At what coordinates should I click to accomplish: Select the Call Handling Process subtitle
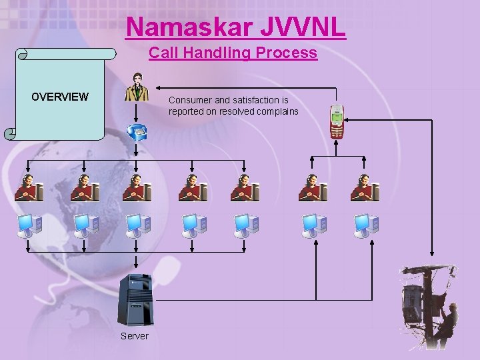pos(233,53)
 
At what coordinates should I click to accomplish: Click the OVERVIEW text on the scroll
pos(60,97)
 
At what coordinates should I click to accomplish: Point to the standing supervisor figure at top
pos(137,87)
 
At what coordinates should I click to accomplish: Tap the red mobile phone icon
pos(337,121)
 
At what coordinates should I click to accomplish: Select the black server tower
pos(135,300)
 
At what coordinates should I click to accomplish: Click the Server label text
pos(135,336)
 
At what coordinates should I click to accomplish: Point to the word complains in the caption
pos(277,111)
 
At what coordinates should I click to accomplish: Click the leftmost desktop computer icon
pos(29,225)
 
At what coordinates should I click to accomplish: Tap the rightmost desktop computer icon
pos(366,225)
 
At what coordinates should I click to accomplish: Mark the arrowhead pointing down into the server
pos(136,268)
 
